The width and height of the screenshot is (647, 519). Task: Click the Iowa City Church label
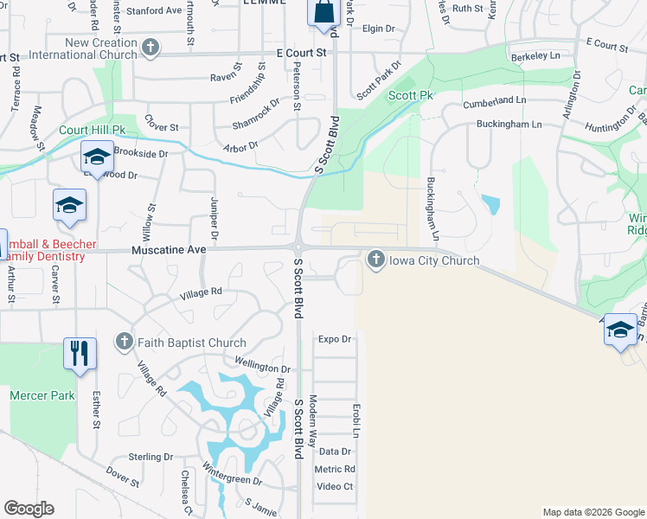coord(430,260)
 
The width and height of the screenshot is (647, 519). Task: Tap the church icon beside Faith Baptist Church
coord(124,343)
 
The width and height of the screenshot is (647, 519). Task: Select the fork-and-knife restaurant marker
coord(80,353)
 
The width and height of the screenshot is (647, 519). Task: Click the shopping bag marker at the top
coord(323,13)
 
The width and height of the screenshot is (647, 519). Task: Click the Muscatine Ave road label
coord(169,249)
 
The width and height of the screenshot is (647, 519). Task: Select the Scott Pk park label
coord(410,95)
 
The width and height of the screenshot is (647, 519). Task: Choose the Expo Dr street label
coord(335,339)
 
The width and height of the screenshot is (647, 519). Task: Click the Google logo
coord(29,509)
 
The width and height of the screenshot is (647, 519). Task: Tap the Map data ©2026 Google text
coord(593,512)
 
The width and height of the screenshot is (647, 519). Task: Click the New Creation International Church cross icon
coord(151,47)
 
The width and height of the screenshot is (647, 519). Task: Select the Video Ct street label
coord(336,486)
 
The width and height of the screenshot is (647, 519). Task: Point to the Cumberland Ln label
coord(495,101)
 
